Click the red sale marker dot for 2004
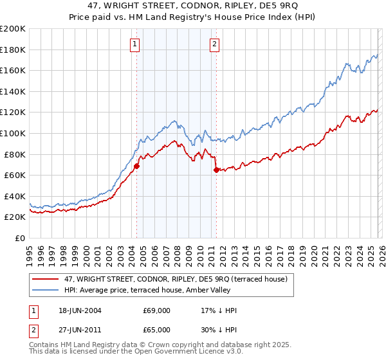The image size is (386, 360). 136,166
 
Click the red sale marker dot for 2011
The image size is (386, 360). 216,170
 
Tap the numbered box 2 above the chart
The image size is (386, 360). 214,44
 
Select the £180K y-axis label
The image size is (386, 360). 13,50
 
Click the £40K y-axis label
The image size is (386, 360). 15,196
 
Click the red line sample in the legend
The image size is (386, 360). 46,278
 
